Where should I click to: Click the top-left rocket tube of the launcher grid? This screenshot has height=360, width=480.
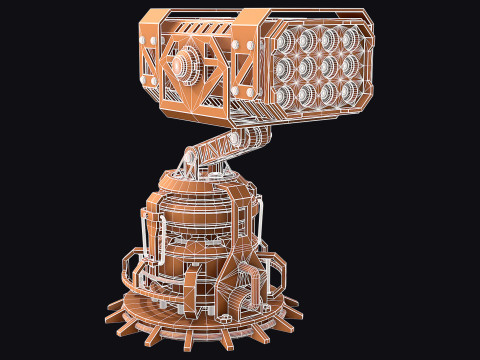point(285,42)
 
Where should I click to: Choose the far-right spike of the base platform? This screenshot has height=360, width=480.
point(296,313)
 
